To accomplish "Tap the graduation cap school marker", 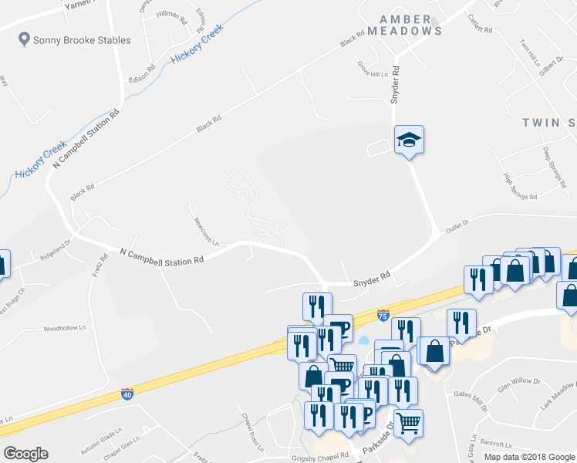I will click(x=410, y=139).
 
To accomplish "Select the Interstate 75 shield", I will click(x=383, y=315).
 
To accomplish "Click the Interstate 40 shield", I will click(x=127, y=394).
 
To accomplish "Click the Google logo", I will click(x=25, y=454).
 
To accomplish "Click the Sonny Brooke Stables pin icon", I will click(x=24, y=39).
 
